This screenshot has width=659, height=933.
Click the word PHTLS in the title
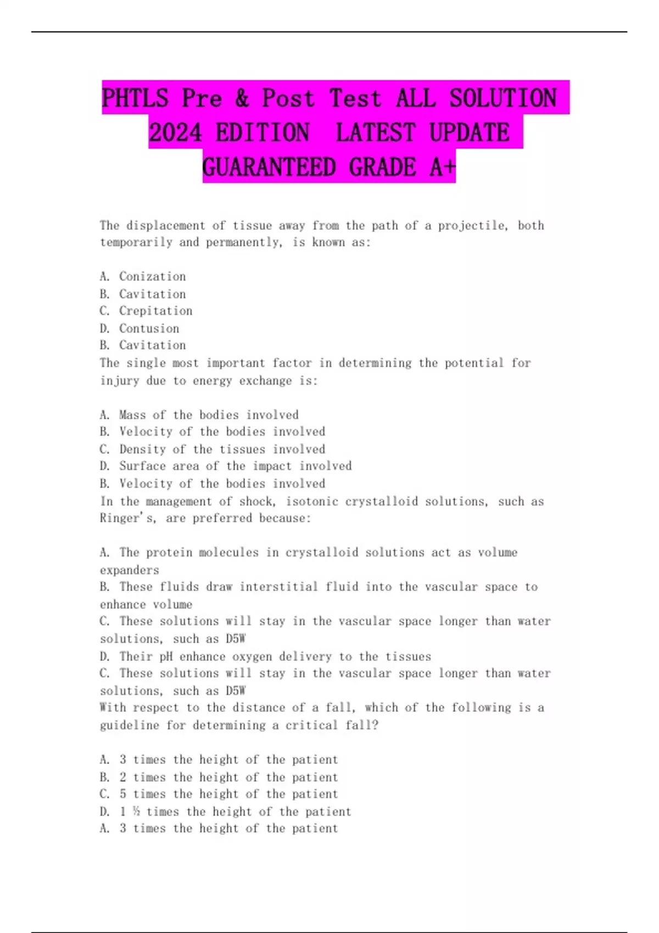point(135,98)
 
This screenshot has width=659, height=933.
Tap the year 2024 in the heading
point(175,133)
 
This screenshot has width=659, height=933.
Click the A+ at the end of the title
point(442,167)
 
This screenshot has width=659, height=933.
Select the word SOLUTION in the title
point(503,98)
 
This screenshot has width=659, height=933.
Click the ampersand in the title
point(242,98)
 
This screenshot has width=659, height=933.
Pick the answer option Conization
point(152,277)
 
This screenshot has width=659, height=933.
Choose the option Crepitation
point(155,311)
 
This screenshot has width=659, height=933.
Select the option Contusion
point(149,328)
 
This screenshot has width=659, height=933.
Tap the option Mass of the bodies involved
point(209,415)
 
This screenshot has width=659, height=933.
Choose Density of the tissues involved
point(222,449)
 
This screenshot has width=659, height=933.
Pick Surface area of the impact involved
point(235,466)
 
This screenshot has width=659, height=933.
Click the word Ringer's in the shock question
point(121,518)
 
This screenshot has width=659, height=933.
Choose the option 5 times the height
point(228,794)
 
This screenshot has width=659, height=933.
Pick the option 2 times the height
point(228,777)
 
